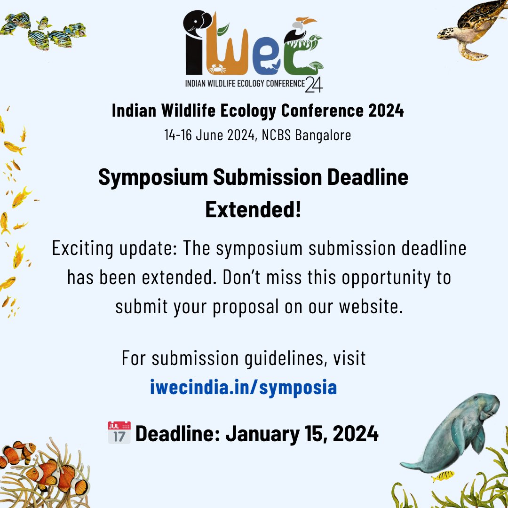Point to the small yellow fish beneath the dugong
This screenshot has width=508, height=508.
point(443,476)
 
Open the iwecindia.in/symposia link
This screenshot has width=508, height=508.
point(243,387)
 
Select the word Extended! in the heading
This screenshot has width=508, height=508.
point(253,210)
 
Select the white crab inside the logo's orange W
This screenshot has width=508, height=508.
point(217,69)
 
